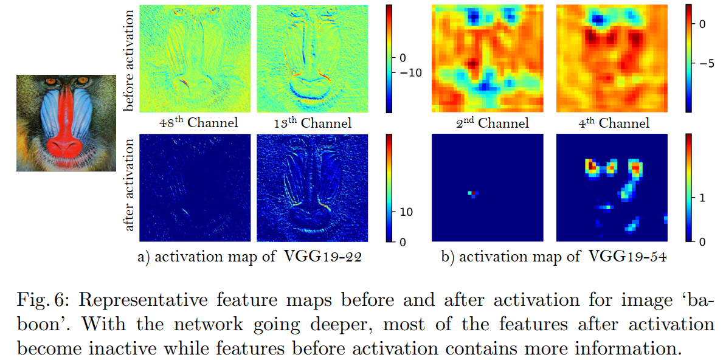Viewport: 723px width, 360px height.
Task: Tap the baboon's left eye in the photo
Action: coord(50,81)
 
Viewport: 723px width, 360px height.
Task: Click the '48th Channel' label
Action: coord(198,122)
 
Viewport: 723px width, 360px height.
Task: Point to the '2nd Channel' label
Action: coord(491,122)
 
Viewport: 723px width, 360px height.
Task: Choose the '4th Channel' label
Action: coord(614,122)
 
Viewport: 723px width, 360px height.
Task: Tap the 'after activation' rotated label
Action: coord(129,189)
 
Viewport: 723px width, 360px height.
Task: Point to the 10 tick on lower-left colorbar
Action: coord(406,212)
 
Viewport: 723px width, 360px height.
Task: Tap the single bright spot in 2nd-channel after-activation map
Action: coord(471,193)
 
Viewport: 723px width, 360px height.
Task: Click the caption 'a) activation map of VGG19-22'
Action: coord(251,257)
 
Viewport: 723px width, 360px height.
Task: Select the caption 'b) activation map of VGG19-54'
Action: coord(553,257)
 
